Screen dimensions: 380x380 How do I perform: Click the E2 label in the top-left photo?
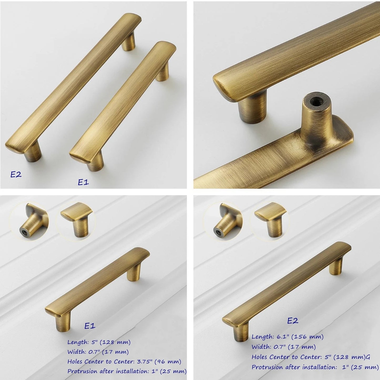[16, 174]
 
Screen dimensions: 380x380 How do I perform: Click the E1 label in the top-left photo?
[83, 182]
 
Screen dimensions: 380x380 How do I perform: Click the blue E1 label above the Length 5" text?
[90, 326]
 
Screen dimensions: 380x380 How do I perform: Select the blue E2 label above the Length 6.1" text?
[293, 321]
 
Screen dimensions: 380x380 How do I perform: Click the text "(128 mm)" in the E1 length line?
[115, 342]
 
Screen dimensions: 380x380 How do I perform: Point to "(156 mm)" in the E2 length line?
[308, 337]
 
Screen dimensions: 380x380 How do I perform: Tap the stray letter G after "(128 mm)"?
[368, 357]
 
